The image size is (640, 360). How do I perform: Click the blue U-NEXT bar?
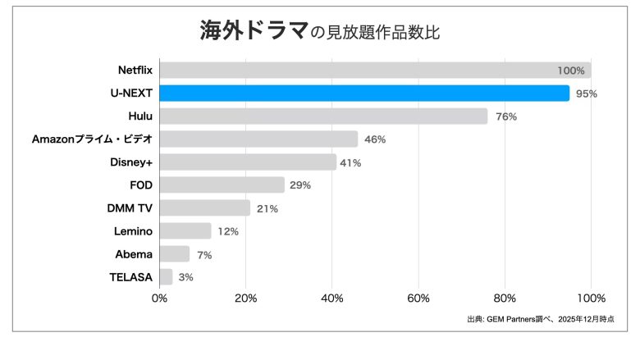point(364,93)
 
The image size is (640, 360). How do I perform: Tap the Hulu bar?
point(323,116)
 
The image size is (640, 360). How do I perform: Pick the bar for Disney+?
point(248,162)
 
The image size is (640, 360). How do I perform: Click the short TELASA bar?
point(166,277)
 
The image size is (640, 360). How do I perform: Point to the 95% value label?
point(586,93)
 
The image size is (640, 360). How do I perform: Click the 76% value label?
point(505,116)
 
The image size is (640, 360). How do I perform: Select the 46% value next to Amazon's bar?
point(375,139)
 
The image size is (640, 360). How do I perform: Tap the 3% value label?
point(185,277)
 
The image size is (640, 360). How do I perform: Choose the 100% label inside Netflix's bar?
point(571,71)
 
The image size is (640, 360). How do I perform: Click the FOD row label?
point(141,185)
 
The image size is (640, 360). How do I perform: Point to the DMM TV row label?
point(130,208)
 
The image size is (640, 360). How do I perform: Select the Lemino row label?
point(133,231)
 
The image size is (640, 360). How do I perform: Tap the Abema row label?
point(134,254)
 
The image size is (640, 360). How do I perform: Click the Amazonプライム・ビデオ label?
point(92,139)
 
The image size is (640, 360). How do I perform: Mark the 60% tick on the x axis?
point(418,298)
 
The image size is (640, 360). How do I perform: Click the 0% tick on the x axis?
point(160,298)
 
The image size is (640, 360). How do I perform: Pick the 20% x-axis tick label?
point(246,298)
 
